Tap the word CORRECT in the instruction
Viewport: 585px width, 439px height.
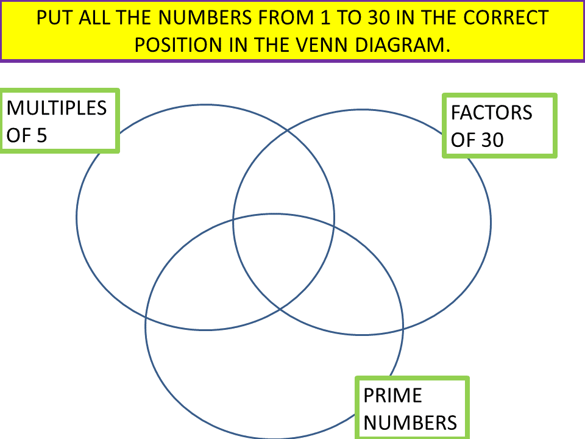510,18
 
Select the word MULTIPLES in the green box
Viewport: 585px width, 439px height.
57,108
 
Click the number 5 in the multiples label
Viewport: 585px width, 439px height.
41,135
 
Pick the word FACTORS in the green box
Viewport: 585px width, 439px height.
491,113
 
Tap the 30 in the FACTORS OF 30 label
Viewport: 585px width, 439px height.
492,140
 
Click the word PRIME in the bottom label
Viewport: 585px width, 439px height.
392,396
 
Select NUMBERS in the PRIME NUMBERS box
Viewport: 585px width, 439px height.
409,423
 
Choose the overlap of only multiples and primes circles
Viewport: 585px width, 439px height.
195,287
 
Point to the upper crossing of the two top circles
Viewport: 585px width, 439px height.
289,130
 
